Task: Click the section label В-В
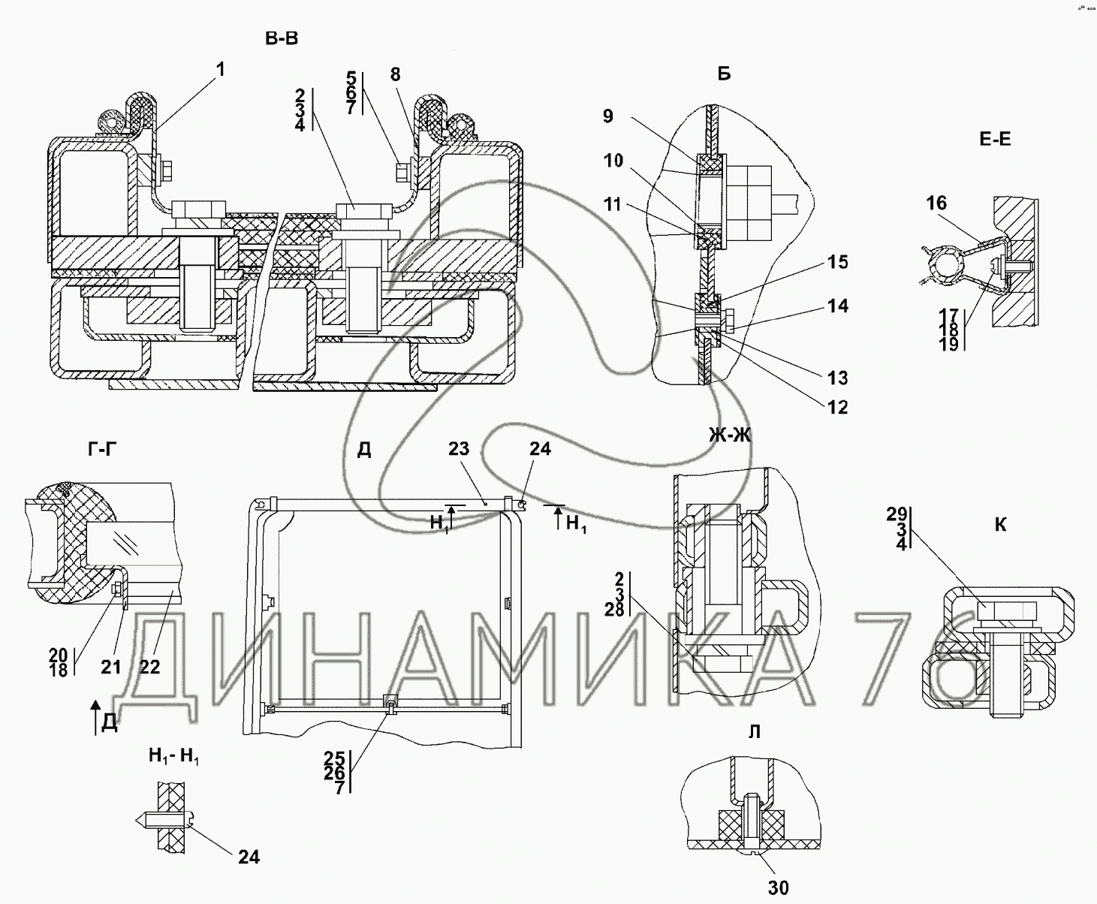tap(282, 38)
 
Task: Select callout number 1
tap(221, 69)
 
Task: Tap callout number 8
tap(395, 74)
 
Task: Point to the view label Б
tap(724, 74)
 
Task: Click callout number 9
tap(608, 116)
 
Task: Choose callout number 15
tap(837, 262)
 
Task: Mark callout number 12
tap(837, 407)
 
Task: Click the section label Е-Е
tap(995, 139)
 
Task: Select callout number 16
tap(936, 203)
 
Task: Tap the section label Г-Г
tap(102, 449)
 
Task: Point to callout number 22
tap(150, 667)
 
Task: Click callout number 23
tap(459, 448)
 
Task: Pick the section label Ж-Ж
tap(730, 435)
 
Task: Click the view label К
tap(1000, 525)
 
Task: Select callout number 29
tap(897, 514)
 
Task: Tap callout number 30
tap(779, 887)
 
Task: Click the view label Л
tap(755, 732)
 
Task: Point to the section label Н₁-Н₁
tap(174, 756)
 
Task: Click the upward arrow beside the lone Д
tap(95, 716)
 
